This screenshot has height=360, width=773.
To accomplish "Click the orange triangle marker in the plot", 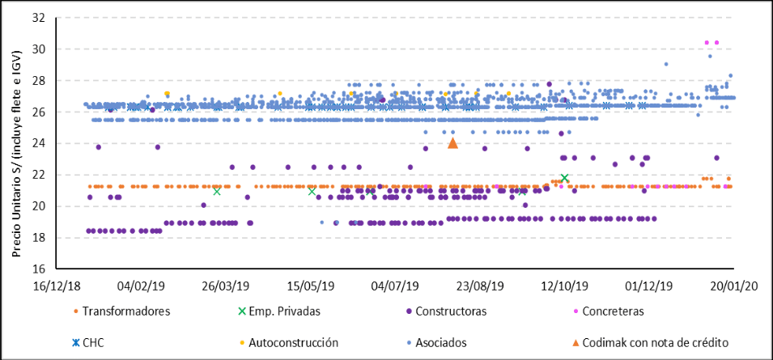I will (x=453, y=143).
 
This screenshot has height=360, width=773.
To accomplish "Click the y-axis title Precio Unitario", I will (x=16, y=142).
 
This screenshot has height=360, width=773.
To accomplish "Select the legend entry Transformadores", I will (x=121, y=311).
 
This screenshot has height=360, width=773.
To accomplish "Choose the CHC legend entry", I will (x=92, y=343).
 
